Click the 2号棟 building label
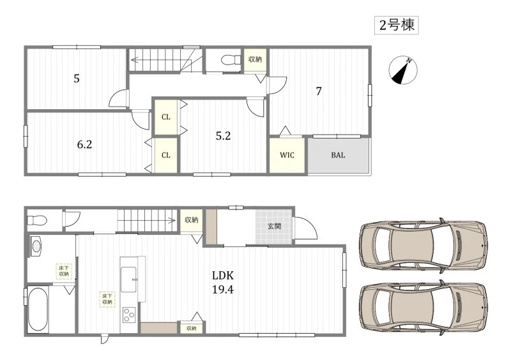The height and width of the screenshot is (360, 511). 397,25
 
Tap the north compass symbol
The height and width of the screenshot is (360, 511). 403,70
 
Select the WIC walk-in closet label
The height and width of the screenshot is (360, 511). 287,155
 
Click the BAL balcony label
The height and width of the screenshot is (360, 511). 338,155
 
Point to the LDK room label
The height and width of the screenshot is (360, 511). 223,276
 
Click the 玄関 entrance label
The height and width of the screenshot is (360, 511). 274,226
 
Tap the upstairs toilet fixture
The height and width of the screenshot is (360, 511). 231,60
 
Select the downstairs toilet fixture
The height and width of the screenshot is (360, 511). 37,220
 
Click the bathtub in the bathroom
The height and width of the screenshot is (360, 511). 38,309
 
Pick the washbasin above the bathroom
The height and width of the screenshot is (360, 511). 36,246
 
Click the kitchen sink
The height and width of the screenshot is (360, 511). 129,280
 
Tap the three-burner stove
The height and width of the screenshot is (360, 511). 129,315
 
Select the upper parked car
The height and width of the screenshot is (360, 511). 423,246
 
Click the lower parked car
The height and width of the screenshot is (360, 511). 423,308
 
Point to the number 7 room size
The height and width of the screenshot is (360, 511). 319,91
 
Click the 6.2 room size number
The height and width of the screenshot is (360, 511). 84,144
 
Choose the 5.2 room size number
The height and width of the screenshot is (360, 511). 223,136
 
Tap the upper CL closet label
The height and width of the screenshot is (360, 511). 166,117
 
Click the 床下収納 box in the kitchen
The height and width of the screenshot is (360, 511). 107,299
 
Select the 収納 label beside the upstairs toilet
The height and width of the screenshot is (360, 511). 255,59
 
